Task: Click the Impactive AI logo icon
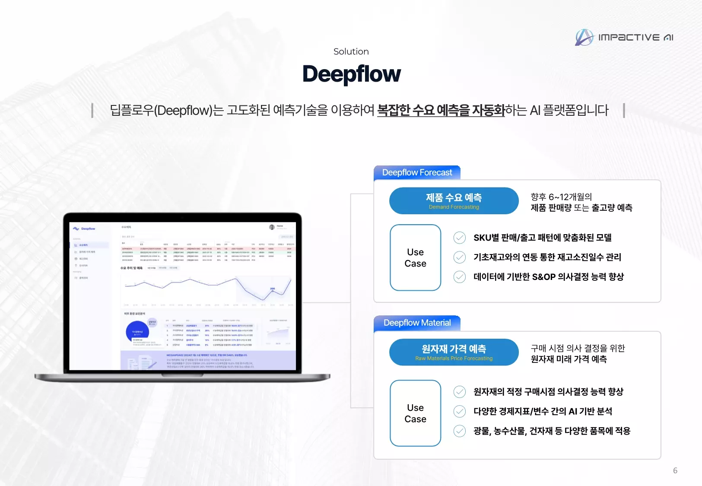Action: pyautogui.click(x=584, y=38)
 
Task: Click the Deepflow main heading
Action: pyautogui.click(x=351, y=74)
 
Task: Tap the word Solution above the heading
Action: pyautogui.click(x=351, y=51)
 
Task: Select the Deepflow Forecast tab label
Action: pyautogui.click(x=417, y=172)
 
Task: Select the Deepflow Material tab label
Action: pyautogui.click(x=417, y=323)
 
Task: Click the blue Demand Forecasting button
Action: pyautogui.click(x=454, y=201)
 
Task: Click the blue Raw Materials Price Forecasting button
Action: pyautogui.click(x=454, y=352)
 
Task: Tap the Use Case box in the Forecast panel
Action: pyautogui.click(x=415, y=257)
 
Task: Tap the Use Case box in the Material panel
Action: pyautogui.click(x=415, y=413)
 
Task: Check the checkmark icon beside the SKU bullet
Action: pyautogui.click(x=460, y=238)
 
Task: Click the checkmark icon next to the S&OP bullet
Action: pyautogui.click(x=460, y=277)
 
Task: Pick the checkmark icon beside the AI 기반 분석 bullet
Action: pyautogui.click(x=460, y=411)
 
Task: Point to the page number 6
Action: pyautogui.click(x=675, y=470)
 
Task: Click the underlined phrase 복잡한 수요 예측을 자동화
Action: pyautogui.click(x=441, y=110)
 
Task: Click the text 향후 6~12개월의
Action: pyautogui.click(x=561, y=197)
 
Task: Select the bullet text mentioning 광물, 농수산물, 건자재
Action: pyautogui.click(x=552, y=431)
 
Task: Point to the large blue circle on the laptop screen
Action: pyautogui.click(x=137, y=332)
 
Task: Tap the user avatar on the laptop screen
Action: pyautogui.click(x=272, y=227)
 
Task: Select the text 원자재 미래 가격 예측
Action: pyautogui.click(x=569, y=359)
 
